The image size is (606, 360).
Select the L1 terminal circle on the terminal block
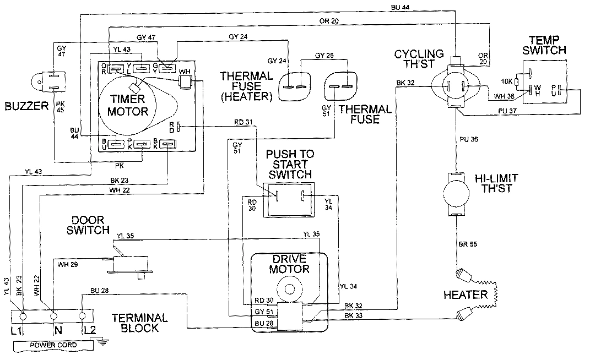23,317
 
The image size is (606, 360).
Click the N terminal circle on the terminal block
53,317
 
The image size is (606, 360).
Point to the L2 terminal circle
83,317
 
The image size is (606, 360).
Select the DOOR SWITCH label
88,224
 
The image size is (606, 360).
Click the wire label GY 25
324,56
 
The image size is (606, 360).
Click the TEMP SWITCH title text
547,45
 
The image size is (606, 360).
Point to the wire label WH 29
68,265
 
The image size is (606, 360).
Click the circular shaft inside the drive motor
289,287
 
